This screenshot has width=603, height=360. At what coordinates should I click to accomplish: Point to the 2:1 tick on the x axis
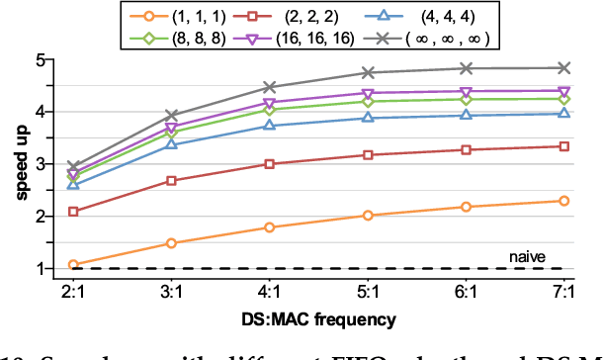(x=73, y=294)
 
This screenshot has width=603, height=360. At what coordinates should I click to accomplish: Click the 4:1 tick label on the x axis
(x=268, y=294)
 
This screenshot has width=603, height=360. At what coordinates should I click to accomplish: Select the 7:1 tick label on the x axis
(x=563, y=294)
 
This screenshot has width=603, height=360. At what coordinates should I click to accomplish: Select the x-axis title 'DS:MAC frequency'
(x=319, y=320)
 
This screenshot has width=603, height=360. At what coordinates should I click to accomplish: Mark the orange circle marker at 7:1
(x=563, y=201)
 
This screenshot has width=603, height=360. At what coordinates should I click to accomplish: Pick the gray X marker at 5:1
(x=368, y=72)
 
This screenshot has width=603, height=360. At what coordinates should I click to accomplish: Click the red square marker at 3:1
(x=171, y=181)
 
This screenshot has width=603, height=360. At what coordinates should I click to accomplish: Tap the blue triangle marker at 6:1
(x=466, y=116)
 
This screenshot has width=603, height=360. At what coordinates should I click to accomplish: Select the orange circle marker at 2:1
(x=73, y=264)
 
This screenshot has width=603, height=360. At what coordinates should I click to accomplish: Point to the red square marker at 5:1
(x=368, y=155)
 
